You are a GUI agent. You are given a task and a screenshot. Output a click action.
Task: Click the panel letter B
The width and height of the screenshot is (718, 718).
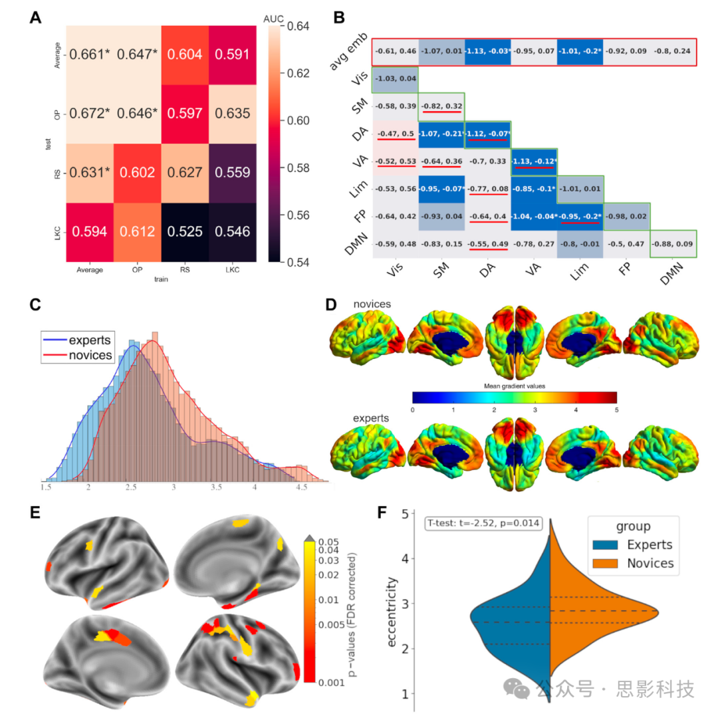[x=338, y=18]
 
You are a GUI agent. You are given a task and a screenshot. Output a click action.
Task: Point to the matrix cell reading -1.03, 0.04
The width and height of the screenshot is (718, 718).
[x=394, y=78]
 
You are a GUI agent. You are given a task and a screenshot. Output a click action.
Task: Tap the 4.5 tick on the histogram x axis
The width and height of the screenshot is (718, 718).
[x=301, y=487]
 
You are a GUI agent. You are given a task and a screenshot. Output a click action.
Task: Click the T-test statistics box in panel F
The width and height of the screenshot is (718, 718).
[x=483, y=523]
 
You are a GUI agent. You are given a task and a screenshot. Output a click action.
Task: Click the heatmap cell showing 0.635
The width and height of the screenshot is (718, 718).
[x=233, y=114]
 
